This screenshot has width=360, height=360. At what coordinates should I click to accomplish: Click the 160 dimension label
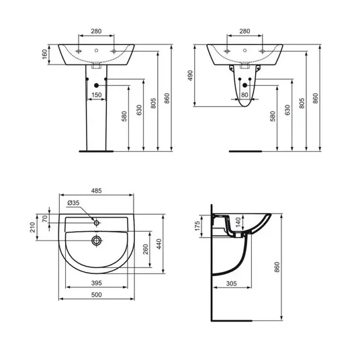coord(45,54)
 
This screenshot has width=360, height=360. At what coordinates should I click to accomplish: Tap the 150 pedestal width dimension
coord(97,95)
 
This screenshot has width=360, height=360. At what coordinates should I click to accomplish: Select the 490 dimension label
coord(190,75)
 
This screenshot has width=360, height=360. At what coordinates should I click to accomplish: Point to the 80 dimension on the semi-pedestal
coord(244,95)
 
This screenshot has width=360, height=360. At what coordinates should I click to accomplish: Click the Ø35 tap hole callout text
coord(73,203)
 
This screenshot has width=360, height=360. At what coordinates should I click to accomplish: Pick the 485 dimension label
coord(97,191)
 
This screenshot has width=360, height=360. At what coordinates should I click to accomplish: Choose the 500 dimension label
coord(97,295)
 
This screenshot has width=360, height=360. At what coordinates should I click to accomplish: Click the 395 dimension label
coord(97,283)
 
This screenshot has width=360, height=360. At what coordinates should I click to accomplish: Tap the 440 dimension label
coord(159,244)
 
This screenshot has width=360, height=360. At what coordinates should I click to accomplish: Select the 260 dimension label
coord(146,249)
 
